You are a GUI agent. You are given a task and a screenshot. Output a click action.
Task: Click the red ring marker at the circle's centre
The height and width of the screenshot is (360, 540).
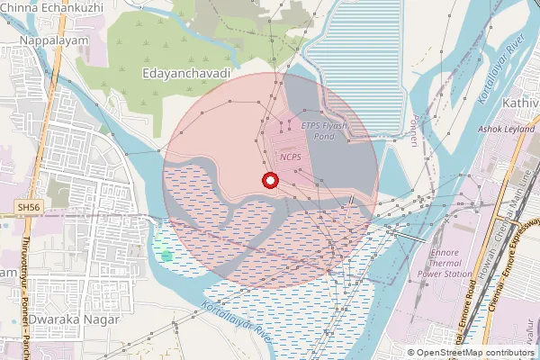(x=268, y=181)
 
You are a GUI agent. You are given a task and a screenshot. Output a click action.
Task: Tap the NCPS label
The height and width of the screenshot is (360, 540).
(x=291, y=157)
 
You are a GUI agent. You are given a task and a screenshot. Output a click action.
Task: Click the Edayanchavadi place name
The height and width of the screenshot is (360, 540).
(x=186, y=71)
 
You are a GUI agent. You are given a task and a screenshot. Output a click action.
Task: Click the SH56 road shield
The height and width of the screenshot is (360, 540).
(x=29, y=208)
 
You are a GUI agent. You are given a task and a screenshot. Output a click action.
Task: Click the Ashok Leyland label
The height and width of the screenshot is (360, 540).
(x=506, y=129)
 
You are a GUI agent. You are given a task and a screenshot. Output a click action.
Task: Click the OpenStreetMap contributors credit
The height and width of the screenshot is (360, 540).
(x=472, y=352)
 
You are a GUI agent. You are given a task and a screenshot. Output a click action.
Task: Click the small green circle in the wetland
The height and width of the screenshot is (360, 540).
(x=166, y=255)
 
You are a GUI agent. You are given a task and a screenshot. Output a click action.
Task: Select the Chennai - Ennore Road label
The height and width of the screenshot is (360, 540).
(x=471, y=310)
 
